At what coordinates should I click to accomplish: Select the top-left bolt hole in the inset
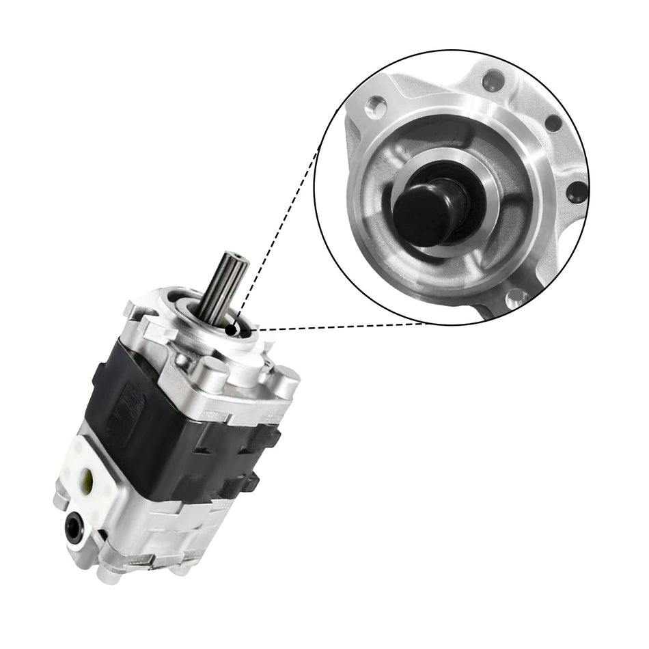tap(375, 106)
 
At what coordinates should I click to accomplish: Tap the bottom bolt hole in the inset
tap(514, 296)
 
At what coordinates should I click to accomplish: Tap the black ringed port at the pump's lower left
tap(74, 526)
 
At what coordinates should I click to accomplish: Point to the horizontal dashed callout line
tap(342, 326)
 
